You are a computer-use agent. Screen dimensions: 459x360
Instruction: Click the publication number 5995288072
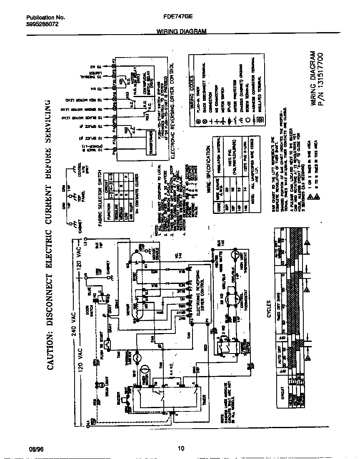(42, 24)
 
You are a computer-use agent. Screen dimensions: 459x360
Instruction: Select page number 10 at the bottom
(181, 449)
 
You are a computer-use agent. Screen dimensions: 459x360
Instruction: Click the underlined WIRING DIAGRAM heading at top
(181, 32)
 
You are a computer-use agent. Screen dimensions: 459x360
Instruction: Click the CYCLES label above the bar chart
(269, 309)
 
